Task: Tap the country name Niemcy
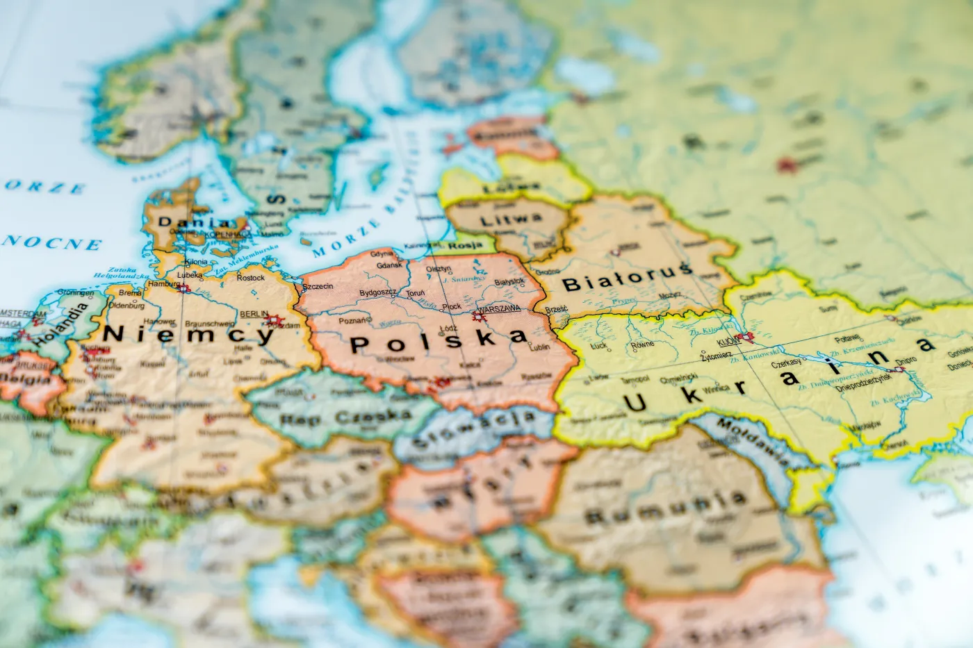(189, 334)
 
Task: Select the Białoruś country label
(627, 279)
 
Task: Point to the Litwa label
(511, 219)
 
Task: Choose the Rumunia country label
(666, 508)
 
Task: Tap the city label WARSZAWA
(499, 308)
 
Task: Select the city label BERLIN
(254, 314)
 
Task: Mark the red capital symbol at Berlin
(272, 321)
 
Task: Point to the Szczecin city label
(318, 286)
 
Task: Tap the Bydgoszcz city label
(377, 293)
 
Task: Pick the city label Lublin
(539, 347)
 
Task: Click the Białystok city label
(509, 282)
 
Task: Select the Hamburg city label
(163, 283)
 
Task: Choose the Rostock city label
(250, 278)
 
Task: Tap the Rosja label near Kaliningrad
(466, 245)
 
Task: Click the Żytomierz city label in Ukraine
(716, 356)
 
